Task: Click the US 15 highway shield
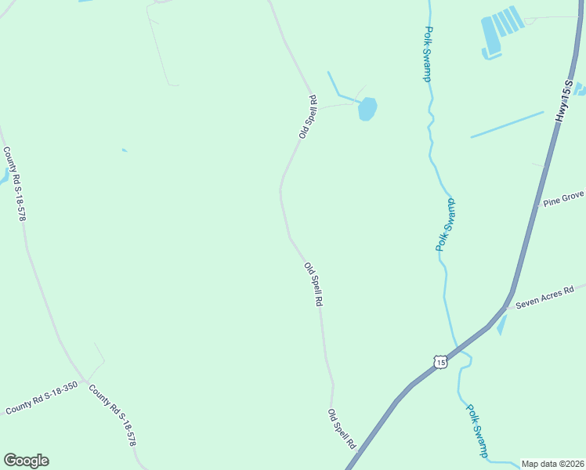440,362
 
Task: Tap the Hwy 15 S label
564,100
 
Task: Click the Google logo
26,461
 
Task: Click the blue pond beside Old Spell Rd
367,108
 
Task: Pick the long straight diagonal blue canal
506,125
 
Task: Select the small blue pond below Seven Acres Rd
501,324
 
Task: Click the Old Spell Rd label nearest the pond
307,117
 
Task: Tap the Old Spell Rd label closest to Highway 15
342,429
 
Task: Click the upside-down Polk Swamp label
445,224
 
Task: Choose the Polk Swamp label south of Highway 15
477,430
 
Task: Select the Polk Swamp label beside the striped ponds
428,54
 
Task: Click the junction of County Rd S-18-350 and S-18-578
84,381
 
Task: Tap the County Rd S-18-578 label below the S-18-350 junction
112,415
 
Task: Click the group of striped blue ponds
500,31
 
